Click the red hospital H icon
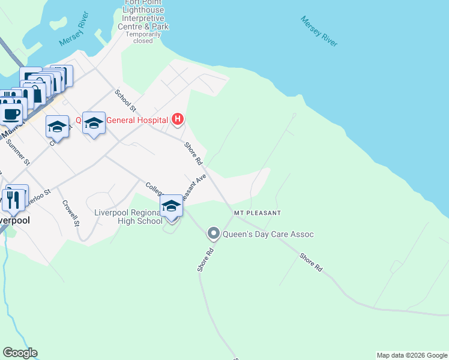pyautogui.click(x=177, y=119)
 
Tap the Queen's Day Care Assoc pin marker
pyautogui.click(x=213, y=233)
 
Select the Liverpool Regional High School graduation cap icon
pyautogui.click(x=171, y=206)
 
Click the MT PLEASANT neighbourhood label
pyautogui.click(x=258, y=213)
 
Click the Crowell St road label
pyautogui.click(x=71, y=212)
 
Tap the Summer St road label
pyautogui.click(x=17, y=152)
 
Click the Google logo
pyautogui.click(x=20, y=353)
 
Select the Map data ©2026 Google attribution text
pyautogui.click(x=411, y=355)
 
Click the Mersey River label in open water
pyautogui.click(x=319, y=31)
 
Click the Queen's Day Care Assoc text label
pyautogui.click(x=268, y=234)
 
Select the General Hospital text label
pyautogui.click(x=137, y=120)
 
